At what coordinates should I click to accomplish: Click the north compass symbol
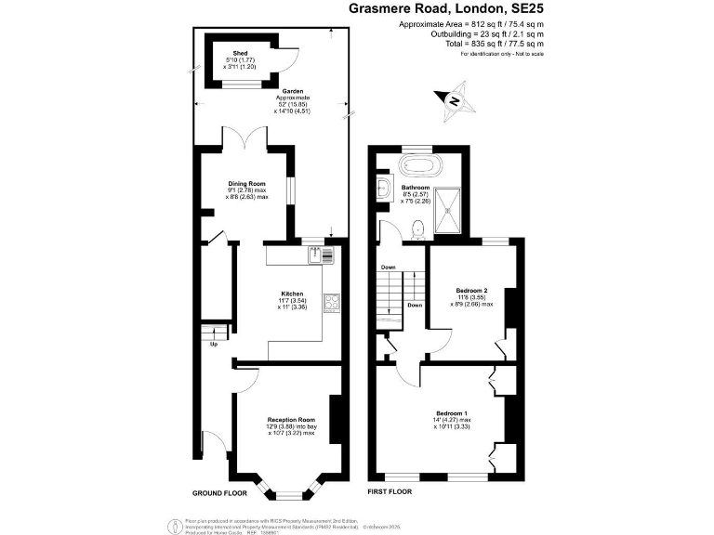[454, 101]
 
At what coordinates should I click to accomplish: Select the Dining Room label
[246, 184]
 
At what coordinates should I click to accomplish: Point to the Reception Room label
[291, 420]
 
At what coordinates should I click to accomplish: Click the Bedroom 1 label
[451, 412]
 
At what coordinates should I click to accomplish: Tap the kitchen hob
[331, 302]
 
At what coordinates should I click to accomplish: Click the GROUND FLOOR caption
[219, 492]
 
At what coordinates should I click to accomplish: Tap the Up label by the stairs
[214, 344]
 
